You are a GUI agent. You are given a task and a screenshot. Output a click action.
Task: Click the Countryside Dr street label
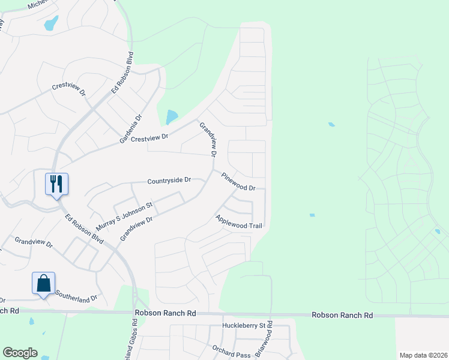169,180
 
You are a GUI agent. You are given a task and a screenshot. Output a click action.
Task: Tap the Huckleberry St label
244,326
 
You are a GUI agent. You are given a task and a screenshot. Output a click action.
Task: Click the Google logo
20,353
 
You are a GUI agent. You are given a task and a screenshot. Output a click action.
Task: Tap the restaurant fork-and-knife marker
57,184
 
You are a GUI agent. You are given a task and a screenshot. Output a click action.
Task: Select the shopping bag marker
44,283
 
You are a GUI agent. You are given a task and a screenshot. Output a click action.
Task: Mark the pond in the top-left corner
51,23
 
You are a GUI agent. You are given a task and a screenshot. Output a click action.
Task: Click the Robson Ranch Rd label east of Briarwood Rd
342,315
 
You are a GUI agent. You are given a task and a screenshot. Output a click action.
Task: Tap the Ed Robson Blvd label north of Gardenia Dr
122,73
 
